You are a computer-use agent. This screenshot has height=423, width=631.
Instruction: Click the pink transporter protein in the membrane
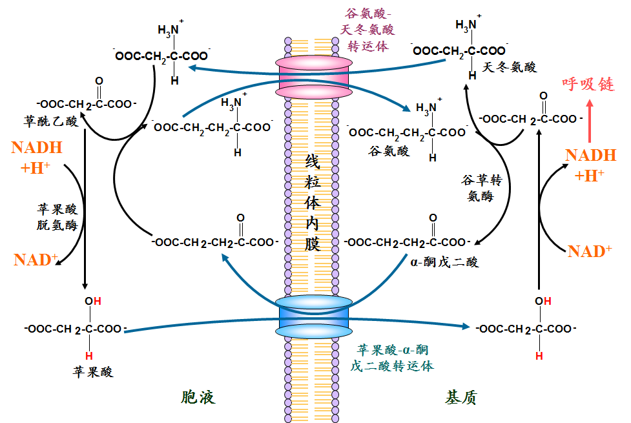pyautogui.click(x=314, y=77)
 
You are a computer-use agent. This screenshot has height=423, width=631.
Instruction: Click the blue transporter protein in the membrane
pyautogui.click(x=314, y=318)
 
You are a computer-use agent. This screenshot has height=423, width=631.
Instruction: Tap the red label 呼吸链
pyautogui.click(x=588, y=84)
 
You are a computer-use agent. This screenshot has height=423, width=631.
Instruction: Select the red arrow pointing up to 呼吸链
pyautogui.click(x=590, y=121)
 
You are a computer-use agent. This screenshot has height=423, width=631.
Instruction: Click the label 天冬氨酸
pyautogui.click(x=510, y=67)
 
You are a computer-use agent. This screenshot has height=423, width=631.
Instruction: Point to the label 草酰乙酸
pyautogui.click(x=51, y=121)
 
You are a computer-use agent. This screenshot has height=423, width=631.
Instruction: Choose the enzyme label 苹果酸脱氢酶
pyautogui.click(x=57, y=217)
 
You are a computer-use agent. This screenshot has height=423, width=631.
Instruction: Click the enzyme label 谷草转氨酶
pyautogui.click(x=482, y=188)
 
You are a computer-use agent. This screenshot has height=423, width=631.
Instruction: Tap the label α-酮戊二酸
pyautogui.click(x=444, y=262)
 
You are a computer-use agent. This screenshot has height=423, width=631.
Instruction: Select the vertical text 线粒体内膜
pyautogui.click(x=313, y=202)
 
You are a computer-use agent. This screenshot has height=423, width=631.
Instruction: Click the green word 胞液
pyautogui.click(x=198, y=397)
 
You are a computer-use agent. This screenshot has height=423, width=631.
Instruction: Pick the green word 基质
pyautogui.click(x=461, y=397)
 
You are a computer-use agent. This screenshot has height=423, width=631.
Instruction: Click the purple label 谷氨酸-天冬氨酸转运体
pyautogui.click(x=367, y=30)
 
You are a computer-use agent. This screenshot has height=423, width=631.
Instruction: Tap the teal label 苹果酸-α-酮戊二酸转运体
pyautogui.click(x=391, y=358)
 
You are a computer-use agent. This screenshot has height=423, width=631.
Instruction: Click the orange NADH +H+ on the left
pyautogui.click(x=37, y=158)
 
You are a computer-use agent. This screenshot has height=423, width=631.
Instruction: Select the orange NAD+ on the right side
pyautogui.click(x=590, y=252)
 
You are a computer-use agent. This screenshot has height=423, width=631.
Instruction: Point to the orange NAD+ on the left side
pyautogui.click(x=36, y=260)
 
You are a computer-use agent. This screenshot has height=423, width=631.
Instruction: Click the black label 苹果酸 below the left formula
pyautogui.click(x=93, y=371)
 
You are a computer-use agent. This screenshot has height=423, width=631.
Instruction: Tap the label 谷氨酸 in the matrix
pyautogui.click(x=389, y=151)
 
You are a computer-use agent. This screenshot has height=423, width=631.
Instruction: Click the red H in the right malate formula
pyautogui.click(x=539, y=356)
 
